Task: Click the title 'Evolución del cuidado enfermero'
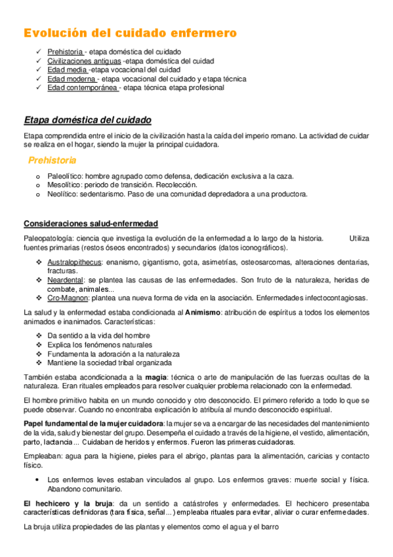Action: point(130,32)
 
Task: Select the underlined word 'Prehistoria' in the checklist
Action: point(65,51)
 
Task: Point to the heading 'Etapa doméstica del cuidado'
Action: point(87,120)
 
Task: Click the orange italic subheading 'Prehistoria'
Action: point(52,160)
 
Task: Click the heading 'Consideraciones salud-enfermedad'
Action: point(90,224)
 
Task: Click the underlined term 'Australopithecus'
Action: point(73,262)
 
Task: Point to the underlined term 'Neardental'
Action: point(65,280)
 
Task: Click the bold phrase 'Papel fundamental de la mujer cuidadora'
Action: point(93,422)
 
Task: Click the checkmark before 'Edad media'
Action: point(40,70)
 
